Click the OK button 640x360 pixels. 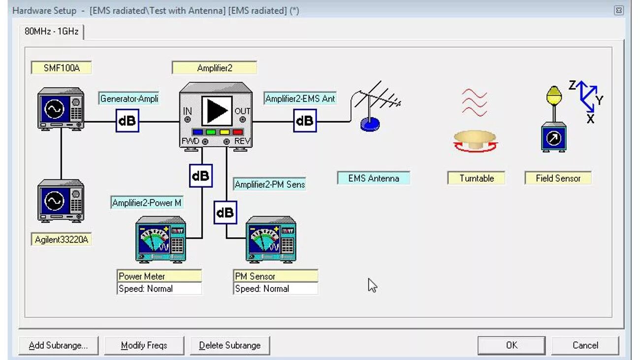click(512, 345)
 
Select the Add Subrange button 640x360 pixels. click(58, 345)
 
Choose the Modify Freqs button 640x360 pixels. click(144, 345)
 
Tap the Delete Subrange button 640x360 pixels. click(229, 345)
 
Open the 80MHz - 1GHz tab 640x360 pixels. click(52, 32)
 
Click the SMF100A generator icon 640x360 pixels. click(61, 109)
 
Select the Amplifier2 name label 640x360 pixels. click(214, 68)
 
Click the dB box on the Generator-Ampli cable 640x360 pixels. click(128, 121)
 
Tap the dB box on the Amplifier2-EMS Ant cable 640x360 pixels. click(305, 121)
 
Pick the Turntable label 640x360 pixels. click(476, 178)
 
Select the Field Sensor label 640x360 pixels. click(558, 178)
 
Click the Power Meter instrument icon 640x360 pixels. click(160, 239)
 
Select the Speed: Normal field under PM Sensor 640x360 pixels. click(275, 289)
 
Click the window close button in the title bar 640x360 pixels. click(619, 10)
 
